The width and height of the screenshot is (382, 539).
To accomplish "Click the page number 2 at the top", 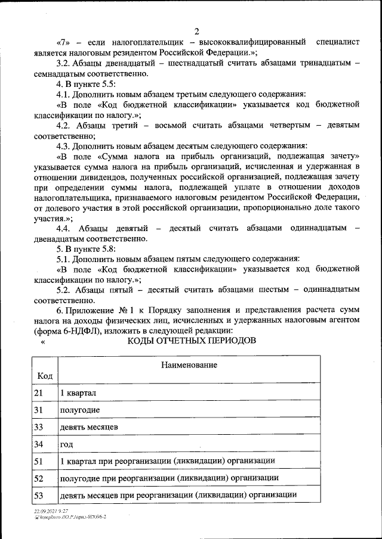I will (x=196, y=31).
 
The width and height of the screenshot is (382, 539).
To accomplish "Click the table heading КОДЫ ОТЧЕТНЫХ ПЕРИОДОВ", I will (x=192, y=341).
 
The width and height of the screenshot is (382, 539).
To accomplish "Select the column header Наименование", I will (x=188, y=364).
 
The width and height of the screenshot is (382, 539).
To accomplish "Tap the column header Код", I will (x=44, y=376).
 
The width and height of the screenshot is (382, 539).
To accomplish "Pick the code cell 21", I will (x=39, y=393).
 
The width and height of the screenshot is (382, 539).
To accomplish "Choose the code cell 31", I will (x=39, y=410).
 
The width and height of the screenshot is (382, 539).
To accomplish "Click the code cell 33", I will (x=39, y=427).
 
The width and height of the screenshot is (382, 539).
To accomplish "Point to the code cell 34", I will (x=39, y=444).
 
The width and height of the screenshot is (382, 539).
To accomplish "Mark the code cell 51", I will (x=39, y=461).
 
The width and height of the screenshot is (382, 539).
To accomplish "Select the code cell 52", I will (x=39, y=478).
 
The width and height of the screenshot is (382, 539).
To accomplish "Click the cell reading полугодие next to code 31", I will (x=79, y=410).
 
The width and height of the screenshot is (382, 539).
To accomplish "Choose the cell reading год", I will (x=66, y=444).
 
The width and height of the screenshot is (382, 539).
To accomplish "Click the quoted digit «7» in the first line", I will (x=64, y=42).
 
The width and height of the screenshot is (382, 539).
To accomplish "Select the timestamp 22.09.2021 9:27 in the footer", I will (x=51, y=511).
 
